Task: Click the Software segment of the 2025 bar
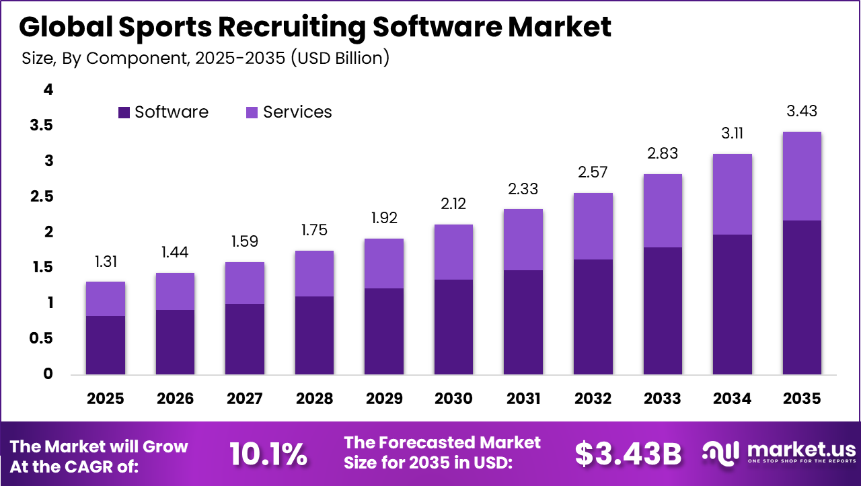coord(106,345)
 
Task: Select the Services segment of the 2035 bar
coord(802,176)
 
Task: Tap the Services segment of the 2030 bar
coord(453,252)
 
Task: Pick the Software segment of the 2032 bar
coord(593,317)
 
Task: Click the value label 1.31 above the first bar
coord(106,261)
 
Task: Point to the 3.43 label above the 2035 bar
coord(802,112)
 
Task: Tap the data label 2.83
coord(663,154)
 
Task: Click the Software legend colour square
coord(124,112)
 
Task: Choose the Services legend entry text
coord(297,112)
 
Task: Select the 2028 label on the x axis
coord(314,399)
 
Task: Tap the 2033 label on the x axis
coord(663,399)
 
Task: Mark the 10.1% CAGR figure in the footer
coord(268,454)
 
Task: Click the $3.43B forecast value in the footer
coord(628,454)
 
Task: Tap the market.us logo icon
coord(720,454)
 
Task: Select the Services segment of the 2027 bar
coord(245,283)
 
